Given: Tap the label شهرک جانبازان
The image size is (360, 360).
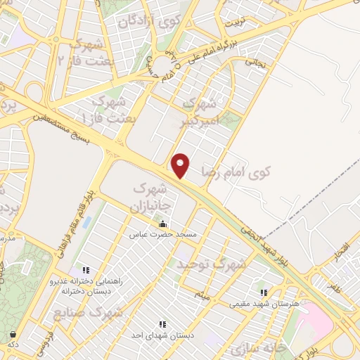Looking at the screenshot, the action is point(150,198).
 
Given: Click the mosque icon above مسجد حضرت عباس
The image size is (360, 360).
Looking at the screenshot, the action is point(163,224).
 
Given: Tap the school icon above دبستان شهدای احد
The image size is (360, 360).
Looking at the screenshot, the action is point(162,324).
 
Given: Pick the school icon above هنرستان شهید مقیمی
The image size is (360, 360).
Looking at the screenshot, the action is point(264,292).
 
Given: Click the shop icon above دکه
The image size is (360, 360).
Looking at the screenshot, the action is point(12,335).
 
